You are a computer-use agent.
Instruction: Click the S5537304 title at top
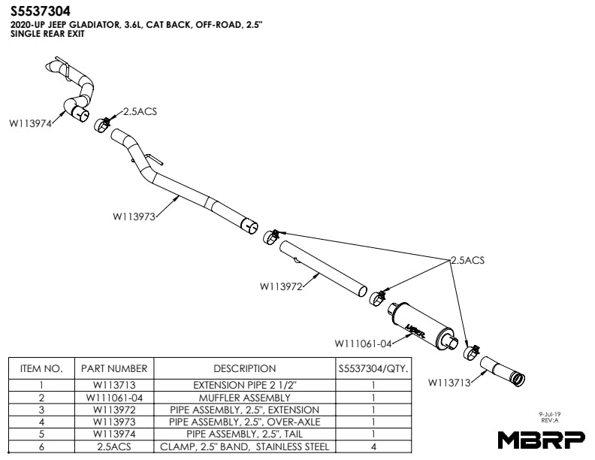point(41,11)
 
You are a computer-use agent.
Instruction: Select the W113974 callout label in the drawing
point(30,125)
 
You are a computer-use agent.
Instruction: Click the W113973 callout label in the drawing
point(134,216)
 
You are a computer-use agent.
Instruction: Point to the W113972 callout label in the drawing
point(281,286)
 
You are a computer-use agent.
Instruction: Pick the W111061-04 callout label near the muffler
point(364,343)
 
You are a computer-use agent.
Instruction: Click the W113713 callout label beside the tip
point(449,382)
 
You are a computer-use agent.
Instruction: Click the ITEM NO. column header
point(41,368)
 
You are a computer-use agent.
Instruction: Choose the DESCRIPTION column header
point(244,368)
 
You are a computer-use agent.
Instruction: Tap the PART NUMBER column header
point(114,368)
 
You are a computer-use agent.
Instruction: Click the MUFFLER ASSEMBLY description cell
point(244,398)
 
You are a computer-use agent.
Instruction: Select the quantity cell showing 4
point(373,446)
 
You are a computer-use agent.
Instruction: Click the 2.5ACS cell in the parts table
point(114,446)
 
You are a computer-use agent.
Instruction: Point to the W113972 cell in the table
point(114,410)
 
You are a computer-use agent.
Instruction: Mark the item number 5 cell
point(41,434)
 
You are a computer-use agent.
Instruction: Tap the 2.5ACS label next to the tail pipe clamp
point(140,111)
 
